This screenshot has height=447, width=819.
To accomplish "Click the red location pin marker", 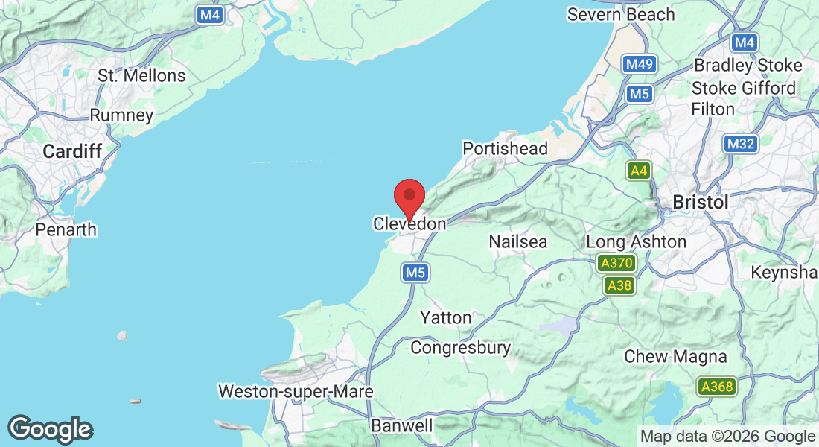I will [x=409, y=196].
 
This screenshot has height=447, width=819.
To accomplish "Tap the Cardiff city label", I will [x=72, y=151].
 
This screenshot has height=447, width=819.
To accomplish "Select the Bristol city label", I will [x=700, y=202].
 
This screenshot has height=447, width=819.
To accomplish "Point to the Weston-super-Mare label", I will [x=296, y=391].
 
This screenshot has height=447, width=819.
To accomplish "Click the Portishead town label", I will [x=505, y=148].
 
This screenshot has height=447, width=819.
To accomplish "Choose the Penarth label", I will [x=66, y=229].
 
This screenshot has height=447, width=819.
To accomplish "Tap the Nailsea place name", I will [x=518, y=241].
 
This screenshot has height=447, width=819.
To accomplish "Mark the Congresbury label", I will [x=461, y=348].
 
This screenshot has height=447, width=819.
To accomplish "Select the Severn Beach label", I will [x=621, y=14].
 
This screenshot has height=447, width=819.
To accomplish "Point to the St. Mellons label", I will [x=142, y=76].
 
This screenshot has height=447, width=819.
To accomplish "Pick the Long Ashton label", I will [x=637, y=241].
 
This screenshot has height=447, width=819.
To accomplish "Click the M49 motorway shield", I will [x=640, y=64].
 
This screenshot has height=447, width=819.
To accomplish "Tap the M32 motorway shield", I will [x=740, y=144].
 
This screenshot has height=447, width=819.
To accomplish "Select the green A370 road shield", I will [x=616, y=263].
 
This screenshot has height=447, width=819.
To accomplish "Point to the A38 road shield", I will [x=619, y=285].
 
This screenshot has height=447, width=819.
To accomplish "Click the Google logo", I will [x=50, y=430].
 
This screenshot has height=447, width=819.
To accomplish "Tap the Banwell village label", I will [x=402, y=426].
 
